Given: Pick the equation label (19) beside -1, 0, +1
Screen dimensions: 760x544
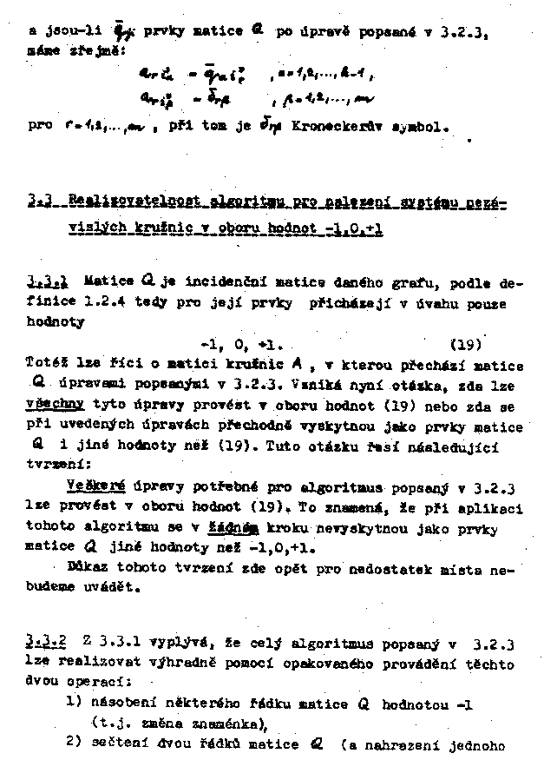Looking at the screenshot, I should pyautogui.click(x=467, y=343).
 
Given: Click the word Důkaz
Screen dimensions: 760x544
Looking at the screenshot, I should pyautogui.click(x=85, y=567).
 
